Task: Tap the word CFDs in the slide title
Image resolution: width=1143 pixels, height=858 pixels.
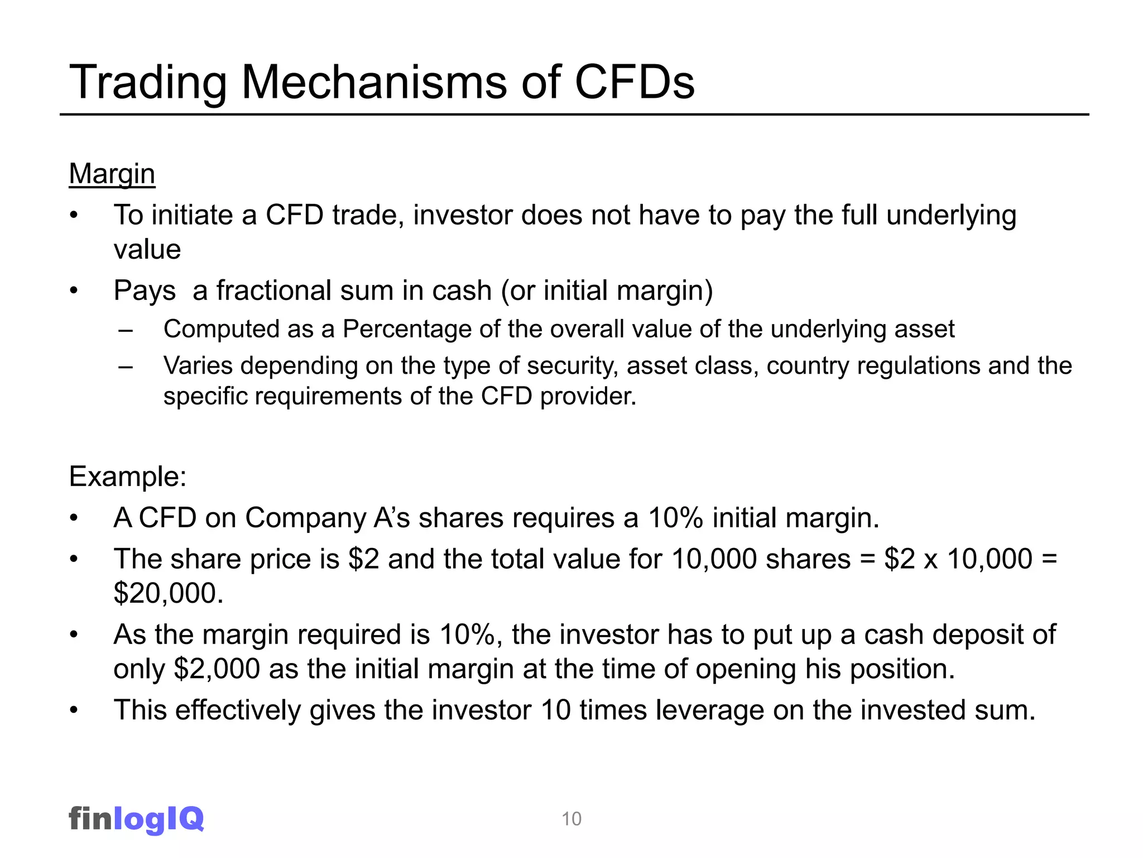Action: tap(634, 83)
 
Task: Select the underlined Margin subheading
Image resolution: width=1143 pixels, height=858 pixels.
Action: tap(112, 174)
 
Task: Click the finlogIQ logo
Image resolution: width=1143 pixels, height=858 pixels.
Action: tap(136, 818)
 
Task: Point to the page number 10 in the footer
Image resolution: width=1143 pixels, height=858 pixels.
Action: tap(571, 819)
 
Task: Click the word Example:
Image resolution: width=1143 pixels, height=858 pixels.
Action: tap(128, 476)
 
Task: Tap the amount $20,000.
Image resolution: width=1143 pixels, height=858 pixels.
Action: tap(168, 593)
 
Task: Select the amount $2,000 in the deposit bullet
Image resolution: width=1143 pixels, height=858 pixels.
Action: tap(217, 669)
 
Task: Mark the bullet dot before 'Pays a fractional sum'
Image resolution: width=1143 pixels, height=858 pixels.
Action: tap(74, 291)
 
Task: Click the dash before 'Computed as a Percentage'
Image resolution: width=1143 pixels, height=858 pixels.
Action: tap(126, 330)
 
